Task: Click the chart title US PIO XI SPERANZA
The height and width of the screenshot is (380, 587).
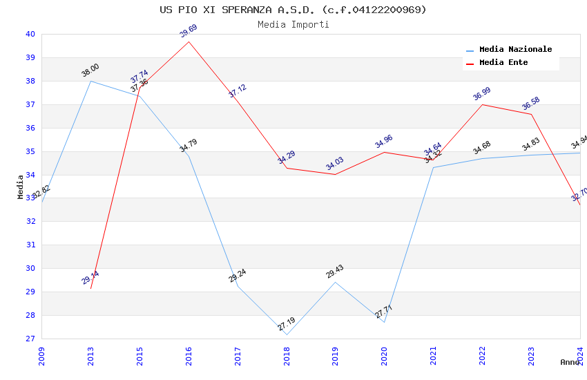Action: (293, 10)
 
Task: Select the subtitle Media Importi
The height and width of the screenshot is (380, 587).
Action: (293, 25)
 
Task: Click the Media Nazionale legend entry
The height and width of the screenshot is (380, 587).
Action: (515, 50)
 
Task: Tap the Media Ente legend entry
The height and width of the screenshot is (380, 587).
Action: (503, 63)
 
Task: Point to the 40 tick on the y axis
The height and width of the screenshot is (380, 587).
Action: (30, 34)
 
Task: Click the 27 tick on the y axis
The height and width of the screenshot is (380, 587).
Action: (30, 339)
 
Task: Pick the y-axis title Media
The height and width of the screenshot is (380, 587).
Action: (21, 187)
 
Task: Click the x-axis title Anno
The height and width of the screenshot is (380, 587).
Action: (570, 362)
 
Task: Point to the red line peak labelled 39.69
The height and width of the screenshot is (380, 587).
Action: (189, 41)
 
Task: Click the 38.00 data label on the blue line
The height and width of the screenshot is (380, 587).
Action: (90, 70)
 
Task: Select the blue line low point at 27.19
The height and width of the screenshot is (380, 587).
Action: (287, 335)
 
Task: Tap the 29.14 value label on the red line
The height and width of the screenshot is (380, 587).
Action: (90, 278)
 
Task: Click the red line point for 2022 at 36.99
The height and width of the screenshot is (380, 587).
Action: (482, 104)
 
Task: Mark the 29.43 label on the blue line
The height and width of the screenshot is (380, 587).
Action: (335, 272)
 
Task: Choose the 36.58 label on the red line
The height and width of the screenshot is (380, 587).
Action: (531, 104)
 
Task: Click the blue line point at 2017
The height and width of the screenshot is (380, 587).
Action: (238, 286)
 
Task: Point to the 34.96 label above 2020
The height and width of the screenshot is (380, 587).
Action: (384, 142)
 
